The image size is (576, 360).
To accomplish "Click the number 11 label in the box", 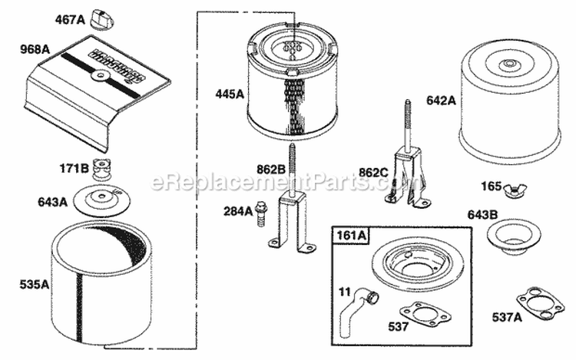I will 346,290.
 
